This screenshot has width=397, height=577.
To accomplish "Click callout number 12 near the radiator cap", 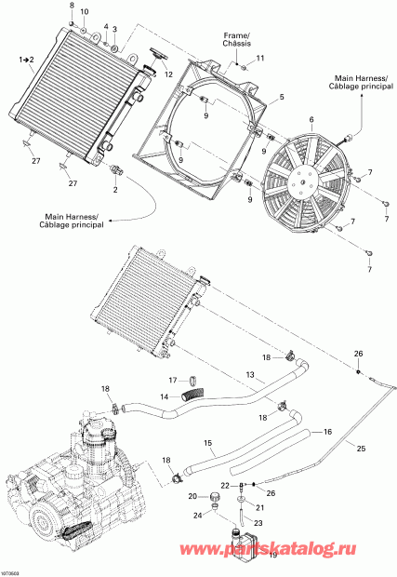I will coord(168,74).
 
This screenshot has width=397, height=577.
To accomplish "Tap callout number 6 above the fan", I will coord(285,119).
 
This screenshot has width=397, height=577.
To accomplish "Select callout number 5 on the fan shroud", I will coord(282,98).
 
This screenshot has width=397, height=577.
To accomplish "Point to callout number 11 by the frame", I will coord(260,59).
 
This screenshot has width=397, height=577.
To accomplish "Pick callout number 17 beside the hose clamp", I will coord(172,380).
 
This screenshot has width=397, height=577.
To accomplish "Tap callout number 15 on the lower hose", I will coord(208,442).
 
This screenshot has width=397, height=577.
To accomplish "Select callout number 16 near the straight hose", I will coord(326,433).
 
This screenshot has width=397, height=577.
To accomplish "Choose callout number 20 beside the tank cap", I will coord(192,496).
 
